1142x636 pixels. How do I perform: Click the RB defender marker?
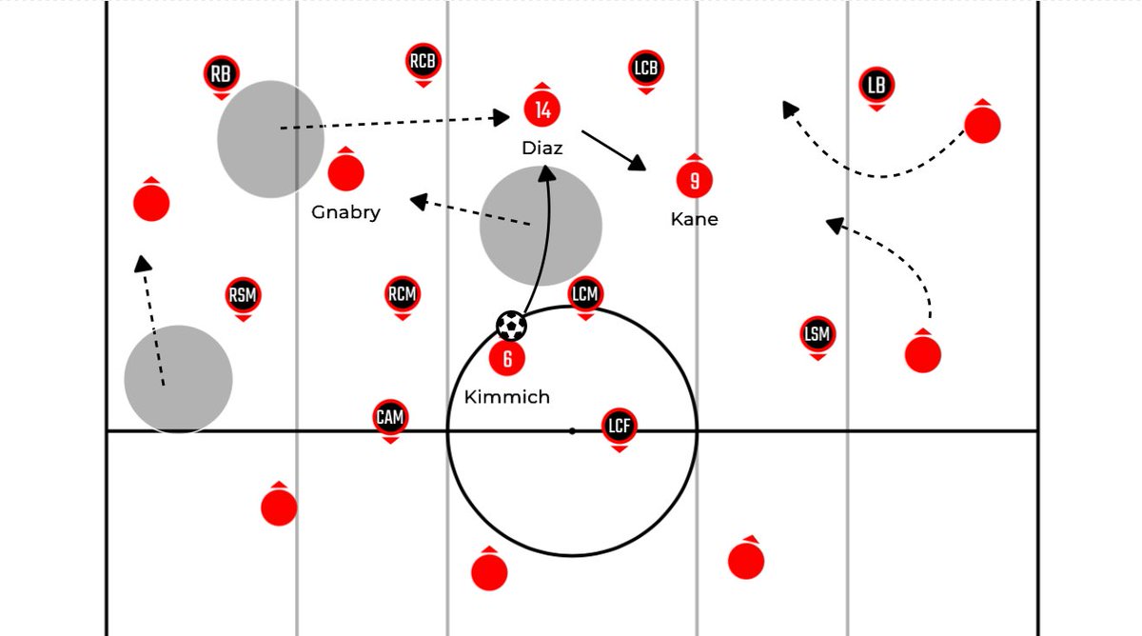point(221,73)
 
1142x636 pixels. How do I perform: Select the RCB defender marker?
point(423,62)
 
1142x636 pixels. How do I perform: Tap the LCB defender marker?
point(645,69)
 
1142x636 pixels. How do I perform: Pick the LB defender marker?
point(876,85)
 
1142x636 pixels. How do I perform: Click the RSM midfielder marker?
point(243,295)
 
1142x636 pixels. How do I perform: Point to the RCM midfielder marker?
point(402,293)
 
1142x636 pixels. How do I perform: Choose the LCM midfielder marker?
point(584,293)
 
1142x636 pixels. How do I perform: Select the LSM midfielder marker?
point(817,334)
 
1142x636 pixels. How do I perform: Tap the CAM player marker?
point(389,417)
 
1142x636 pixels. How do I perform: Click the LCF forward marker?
point(619,425)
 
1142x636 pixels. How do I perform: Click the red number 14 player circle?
point(542,109)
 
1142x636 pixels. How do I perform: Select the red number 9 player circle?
point(694,180)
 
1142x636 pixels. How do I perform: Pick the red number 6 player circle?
point(507,358)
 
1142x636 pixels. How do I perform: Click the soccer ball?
point(511,326)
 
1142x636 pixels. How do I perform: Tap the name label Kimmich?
point(506,397)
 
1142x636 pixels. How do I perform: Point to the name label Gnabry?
point(345,212)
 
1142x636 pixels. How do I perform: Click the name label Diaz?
point(542,149)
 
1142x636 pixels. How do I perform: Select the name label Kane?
point(694,219)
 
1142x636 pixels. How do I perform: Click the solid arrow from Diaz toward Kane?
point(613,150)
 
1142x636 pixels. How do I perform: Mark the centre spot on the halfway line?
point(572,431)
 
